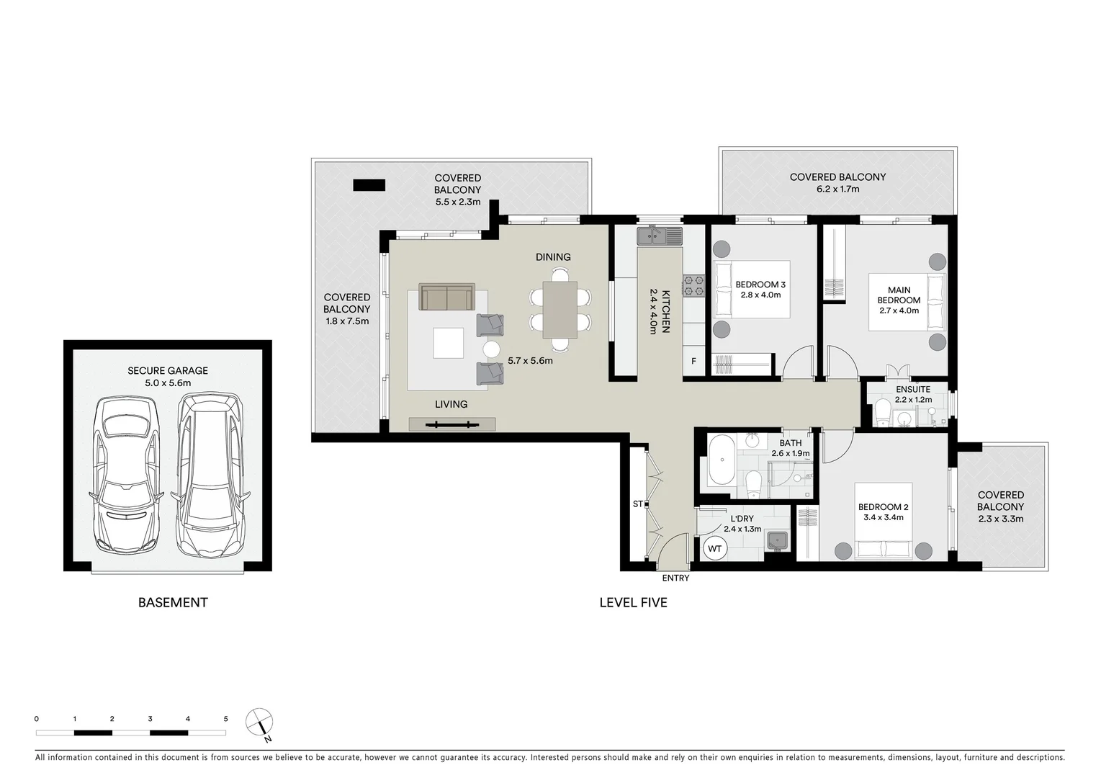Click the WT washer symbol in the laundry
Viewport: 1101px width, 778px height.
coord(714,549)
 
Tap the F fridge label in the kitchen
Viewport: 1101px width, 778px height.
coord(693,361)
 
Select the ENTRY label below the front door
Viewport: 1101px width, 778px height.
coord(675,578)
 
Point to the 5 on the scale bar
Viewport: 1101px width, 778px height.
coord(225,719)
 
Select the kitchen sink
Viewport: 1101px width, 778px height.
coord(658,235)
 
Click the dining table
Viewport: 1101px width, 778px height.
coord(560,309)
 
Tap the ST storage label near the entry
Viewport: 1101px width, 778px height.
coord(637,504)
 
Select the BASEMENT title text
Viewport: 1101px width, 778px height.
coord(173,602)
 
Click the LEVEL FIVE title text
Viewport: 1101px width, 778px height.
coord(633,602)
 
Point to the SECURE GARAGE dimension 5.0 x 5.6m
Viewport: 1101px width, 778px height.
coord(168,383)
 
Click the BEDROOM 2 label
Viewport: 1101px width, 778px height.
coord(884,507)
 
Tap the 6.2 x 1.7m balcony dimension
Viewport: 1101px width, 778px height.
coord(837,189)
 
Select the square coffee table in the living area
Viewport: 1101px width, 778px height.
coord(448,343)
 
